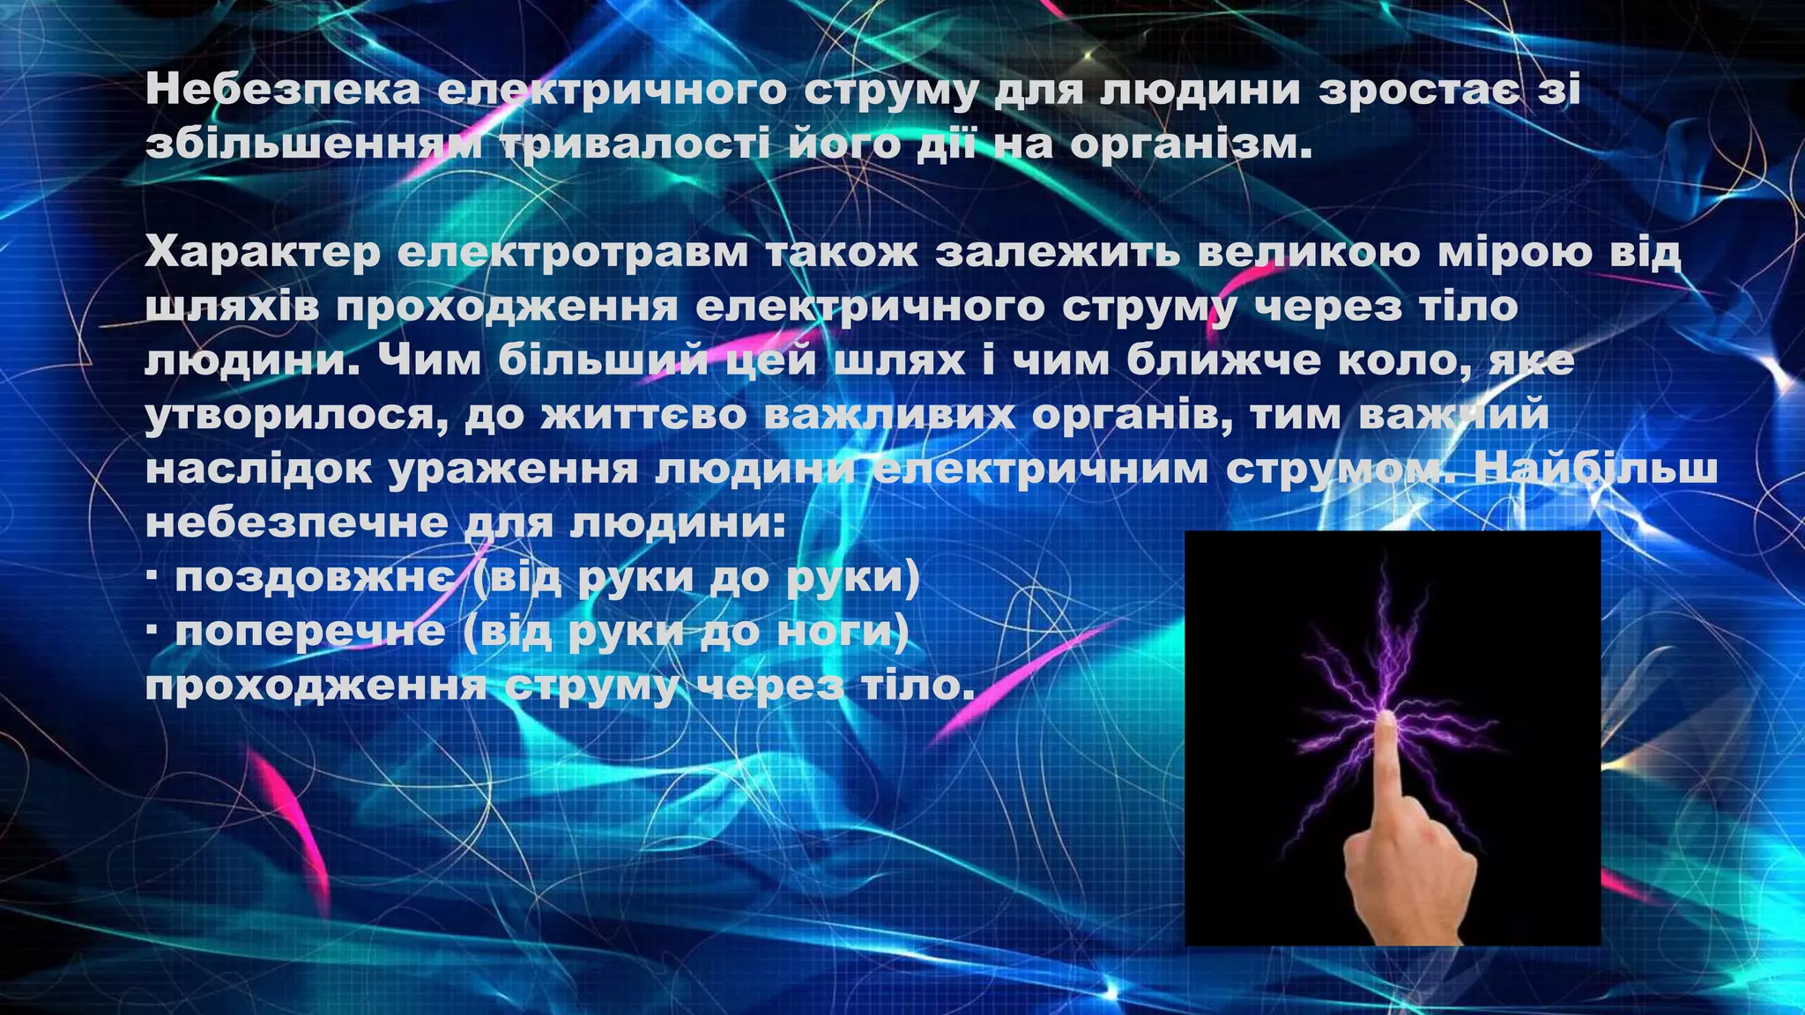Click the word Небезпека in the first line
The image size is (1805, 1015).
pos(282,90)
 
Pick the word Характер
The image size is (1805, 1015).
pos(263,253)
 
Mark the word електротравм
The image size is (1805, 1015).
pos(572,253)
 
